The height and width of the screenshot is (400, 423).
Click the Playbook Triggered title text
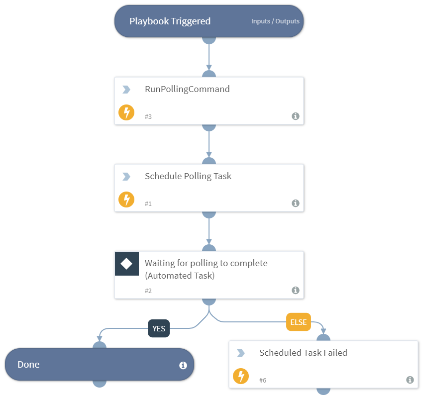[x=170, y=21]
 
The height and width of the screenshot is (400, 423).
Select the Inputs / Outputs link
[x=275, y=21]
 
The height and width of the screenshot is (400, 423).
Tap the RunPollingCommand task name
[x=187, y=90]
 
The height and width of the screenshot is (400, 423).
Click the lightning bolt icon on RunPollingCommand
[x=126, y=112]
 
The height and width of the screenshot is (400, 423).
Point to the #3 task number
[x=148, y=117]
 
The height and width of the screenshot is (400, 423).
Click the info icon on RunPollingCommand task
[x=295, y=116]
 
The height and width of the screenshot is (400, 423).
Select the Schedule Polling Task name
[x=188, y=176]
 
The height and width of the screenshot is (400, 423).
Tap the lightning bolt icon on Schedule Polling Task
[x=126, y=200]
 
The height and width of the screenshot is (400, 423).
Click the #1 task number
[x=148, y=204]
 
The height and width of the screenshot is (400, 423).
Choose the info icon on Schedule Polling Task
[x=295, y=203]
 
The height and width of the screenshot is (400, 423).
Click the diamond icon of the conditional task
[x=126, y=264]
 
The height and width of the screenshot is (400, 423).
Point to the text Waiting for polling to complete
[x=206, y=263]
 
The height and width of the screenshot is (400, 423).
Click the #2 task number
[x=148, y=291]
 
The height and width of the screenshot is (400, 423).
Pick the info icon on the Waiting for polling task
[x=295, y=291]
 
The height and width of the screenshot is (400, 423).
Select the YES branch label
[x=159, y=328]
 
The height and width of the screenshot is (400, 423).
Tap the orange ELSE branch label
[x=298, y=322]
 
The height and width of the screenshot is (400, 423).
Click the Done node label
[x=28, y=365]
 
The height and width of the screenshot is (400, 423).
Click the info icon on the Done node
[x=183, y=365]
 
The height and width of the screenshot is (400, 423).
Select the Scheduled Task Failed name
[x=303, y=353]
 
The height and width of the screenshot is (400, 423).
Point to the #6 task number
[x=263, y=381]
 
